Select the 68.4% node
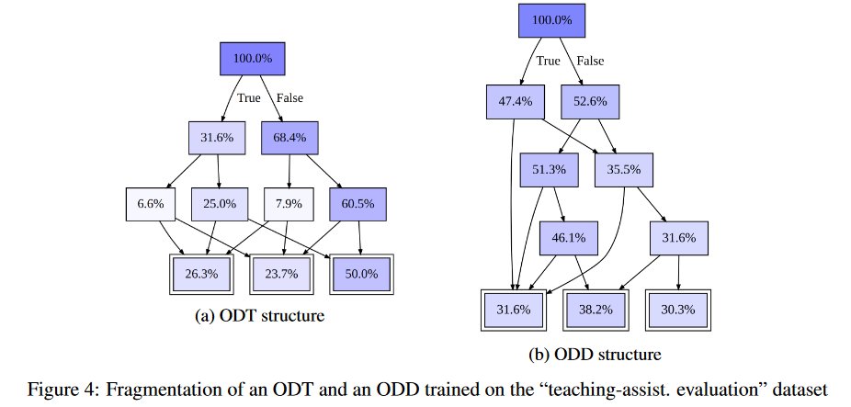click(x=289, y=139)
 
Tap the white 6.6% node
click(x=150, y=203)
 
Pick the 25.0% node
click(x=218, y=203)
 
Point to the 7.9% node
click(x=289, y=203)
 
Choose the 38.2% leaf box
click(x=596, y=310)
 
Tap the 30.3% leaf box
click(x=679, y=310)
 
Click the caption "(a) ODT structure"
click(x=261, y=317)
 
